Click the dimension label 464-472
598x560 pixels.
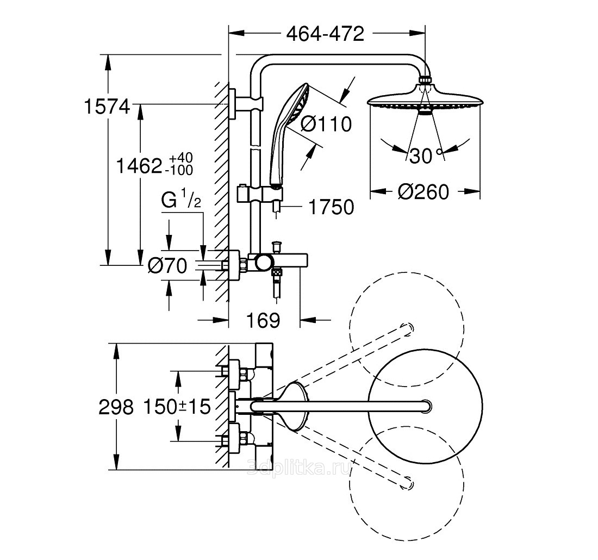point(325,34)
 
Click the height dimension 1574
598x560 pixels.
point(107,106)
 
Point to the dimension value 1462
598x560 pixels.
point(140,166)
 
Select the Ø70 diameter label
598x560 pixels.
point(167,266)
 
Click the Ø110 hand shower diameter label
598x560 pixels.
point(326,124)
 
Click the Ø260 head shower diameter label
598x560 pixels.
point(423,192)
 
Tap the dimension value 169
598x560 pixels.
point(265,320)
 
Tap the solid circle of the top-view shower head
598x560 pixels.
point(425,406)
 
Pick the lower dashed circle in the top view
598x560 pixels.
point(407,482)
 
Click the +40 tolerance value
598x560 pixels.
point(181,158)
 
